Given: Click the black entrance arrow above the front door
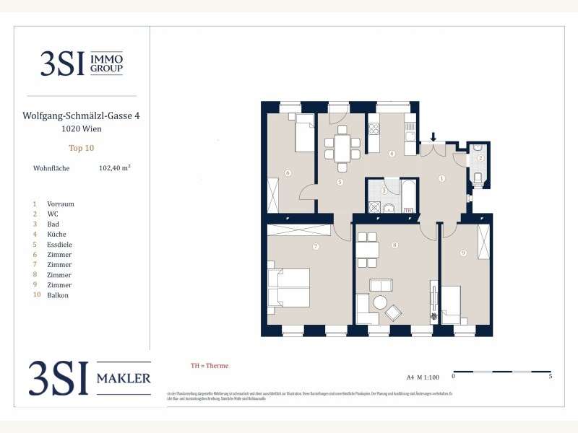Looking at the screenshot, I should click(433, 136).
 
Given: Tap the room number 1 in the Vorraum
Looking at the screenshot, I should click(442, 178).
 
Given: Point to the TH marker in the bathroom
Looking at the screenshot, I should click(408, 211).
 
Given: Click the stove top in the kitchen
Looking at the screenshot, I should click(375, 130).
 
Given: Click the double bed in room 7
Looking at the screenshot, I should click(289, 287).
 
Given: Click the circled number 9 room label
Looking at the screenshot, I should click(464, 253).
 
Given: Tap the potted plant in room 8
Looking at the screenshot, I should click(433, 316).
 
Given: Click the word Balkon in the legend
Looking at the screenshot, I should click(58, 295).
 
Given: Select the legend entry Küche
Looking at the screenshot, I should click(57, 235).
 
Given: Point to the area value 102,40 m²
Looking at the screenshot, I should click(114, 167).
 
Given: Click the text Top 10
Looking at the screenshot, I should click(81, 148).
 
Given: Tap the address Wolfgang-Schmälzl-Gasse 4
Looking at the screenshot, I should click(81, 115).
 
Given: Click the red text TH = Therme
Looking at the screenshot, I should click(209, 366).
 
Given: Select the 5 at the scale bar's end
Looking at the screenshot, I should click(551, 376).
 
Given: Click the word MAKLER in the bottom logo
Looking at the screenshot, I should click(124, 378).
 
